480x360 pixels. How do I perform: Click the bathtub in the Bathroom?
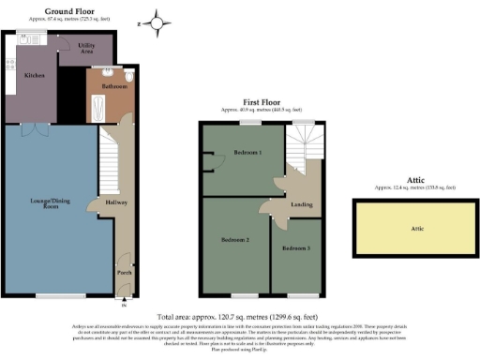coord(98,110)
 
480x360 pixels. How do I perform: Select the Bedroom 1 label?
coord(247,152)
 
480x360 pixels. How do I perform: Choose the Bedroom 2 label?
coord(234,241)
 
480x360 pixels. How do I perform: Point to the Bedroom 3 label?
coord(294,247)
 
